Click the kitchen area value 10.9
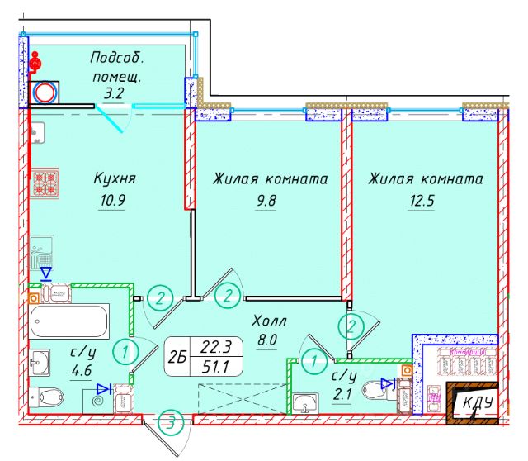(x=112, y=200)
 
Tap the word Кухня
(x=115, y=178)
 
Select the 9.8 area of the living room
(x=266, y=201)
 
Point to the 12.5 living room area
(x=422, y=201)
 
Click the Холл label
(x=269, y=321)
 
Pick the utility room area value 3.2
(x=114, y=93)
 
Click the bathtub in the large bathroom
(x=68, y=321)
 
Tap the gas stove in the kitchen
(x=45, y=183)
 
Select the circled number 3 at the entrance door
(x=172, y=422)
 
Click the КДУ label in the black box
(x=478, y=402)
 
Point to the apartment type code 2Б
(x=177, y=357)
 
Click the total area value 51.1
(x=215, y=367)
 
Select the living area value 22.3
(x=216, y=347)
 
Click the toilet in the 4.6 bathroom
(x=47, y=397)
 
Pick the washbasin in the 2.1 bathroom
(x=305, y=403)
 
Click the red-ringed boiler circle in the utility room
(x=45, y=93)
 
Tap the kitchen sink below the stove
(x=42, y=253)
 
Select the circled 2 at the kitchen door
(x=160, y=297)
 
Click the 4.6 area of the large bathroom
(x=82, y=371)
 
